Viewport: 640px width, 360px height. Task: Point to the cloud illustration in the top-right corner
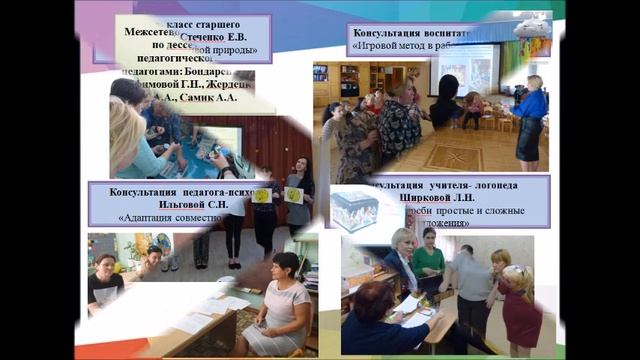coord(531,28)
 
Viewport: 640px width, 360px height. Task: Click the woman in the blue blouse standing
coord(529,115)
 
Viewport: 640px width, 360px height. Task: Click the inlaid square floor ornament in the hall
coord(453,156)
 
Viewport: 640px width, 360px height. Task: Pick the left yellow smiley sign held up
coord(260,195)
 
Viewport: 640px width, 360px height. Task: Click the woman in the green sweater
coord(428,263)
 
